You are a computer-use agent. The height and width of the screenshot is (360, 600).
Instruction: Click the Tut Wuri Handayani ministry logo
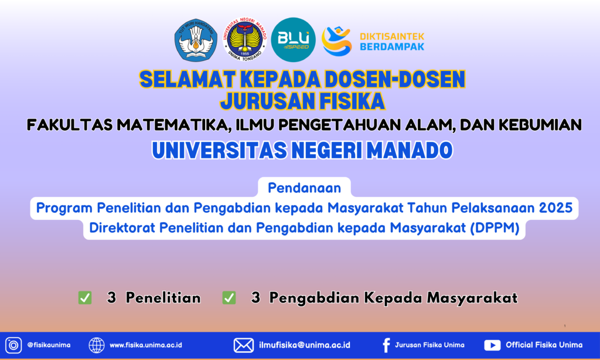click(196, 40)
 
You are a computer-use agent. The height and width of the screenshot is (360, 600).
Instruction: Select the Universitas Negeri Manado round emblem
click(245, 39)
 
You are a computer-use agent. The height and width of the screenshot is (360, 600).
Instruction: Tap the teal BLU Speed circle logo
click(293, 40)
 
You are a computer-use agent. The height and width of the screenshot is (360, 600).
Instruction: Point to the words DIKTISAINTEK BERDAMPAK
click(392, 42)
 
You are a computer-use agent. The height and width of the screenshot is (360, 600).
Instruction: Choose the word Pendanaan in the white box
click(304, 188)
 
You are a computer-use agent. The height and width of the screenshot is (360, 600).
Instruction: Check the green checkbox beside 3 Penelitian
click(85, 298)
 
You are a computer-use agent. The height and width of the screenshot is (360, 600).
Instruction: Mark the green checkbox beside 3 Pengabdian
click(229, 298)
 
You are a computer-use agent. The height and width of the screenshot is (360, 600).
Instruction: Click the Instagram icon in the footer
click(13, 345)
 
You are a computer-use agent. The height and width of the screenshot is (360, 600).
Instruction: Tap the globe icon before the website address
click(97, 345)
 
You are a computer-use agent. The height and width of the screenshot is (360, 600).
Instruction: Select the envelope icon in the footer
click(243, 345)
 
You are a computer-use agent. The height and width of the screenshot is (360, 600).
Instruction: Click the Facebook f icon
click(387, 345)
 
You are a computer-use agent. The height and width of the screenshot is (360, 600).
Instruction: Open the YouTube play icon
click(492, 345)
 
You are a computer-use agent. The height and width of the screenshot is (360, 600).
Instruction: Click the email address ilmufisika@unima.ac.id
click(305, 345)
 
